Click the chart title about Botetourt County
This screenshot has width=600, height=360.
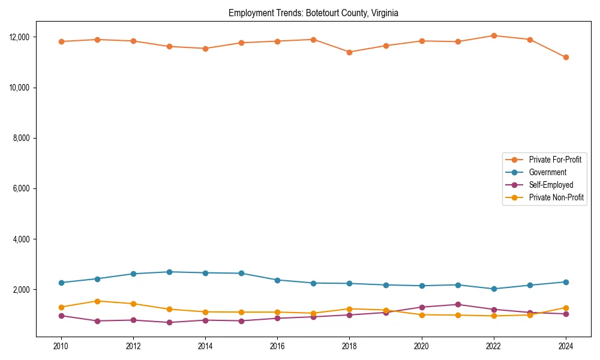[x=313, y=13]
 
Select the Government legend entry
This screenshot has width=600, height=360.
[x=547, y=172]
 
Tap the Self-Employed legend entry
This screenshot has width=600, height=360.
[x=551, y=185]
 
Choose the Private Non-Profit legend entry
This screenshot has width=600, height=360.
[x=556, y=197]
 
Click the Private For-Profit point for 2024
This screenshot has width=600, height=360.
[x=565, y=57]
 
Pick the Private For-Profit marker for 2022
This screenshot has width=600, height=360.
[x=493, y=35]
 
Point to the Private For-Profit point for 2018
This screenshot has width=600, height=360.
[x=349, y=52]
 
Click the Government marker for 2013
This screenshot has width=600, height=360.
[x=169, y=272]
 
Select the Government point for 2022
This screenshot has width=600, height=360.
[x=493, y=289]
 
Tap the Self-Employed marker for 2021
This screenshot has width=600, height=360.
[x=457, y=304]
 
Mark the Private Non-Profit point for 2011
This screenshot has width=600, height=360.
[x=97, y=301]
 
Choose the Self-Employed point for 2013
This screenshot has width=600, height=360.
[x=169, y=322]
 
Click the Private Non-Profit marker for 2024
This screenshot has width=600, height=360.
[x=565, y=308]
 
